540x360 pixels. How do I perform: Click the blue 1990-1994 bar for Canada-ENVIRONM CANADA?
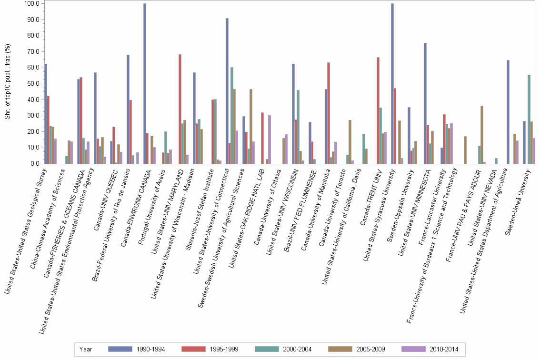coord(145,84)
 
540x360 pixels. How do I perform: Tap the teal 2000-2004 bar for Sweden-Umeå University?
coord(529,120)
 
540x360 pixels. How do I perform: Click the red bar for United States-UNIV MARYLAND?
coord(180,109)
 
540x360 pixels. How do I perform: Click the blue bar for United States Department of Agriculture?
coord(508,112)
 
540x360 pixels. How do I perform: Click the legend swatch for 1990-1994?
coord(120,349)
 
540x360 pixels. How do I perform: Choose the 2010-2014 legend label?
coord(444,349)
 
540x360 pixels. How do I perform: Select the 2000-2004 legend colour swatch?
coord(269,349)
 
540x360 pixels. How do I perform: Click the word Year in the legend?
coord(86,349)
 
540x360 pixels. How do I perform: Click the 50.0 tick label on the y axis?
coord(33,84)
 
